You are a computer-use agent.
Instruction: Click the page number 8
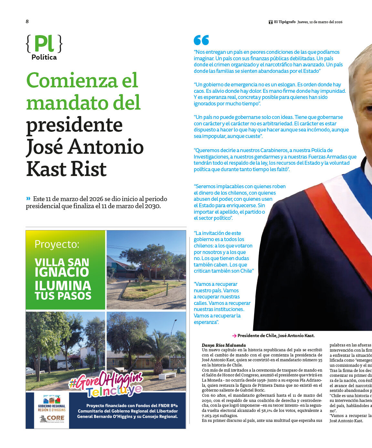(27, 22)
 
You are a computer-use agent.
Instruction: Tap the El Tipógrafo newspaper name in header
(284, 22)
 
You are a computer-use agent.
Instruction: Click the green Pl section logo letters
(44, 44)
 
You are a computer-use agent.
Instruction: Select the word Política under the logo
(44, 57)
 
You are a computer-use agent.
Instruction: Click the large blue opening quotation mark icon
(201, 40)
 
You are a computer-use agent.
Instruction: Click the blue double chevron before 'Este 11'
(28, 199)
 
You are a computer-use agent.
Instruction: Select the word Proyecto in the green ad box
(57, 244)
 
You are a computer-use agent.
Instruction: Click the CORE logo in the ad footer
(52, 418)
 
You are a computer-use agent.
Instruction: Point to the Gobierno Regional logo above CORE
(52, 403)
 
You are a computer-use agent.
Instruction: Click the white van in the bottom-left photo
(65, 365)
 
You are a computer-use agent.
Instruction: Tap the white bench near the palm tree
(167, 376)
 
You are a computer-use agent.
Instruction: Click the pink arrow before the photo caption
(234, 336)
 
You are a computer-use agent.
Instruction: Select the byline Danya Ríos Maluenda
(224, 345)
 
